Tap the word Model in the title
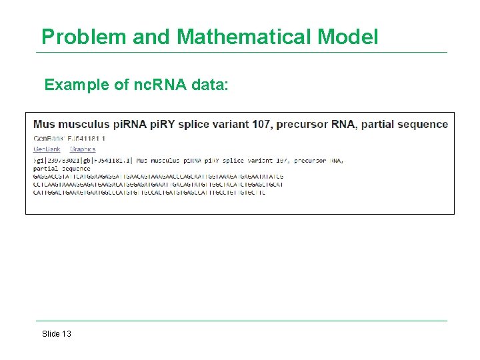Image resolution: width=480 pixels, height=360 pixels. pyautogui.click(x=348, y=37)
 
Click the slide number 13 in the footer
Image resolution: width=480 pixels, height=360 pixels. pyautogui.click(x=66, y=334)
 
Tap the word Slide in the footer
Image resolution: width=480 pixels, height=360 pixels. pyautogui.click(x=51, y=334)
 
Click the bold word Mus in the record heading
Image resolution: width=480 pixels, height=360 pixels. pyautogui.click(x=45, y=124)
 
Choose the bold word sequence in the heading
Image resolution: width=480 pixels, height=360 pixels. pyautogui.click(x=424, y=124)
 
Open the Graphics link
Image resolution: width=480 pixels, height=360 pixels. pyautogui.click(x=83, y=149)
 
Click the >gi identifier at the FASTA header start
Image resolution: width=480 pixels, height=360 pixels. pyautogui.click(x=37, y=161)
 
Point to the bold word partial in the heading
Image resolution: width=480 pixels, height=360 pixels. pyautogui.click(x=381, y=124)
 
